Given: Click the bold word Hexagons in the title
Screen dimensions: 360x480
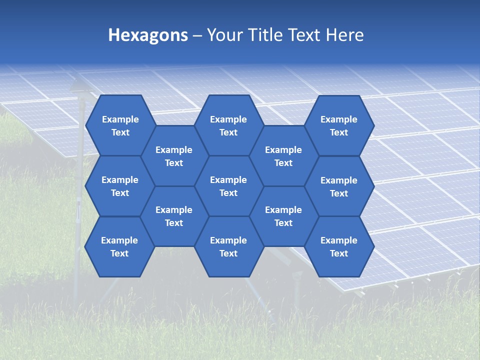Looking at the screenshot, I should pos(148,35).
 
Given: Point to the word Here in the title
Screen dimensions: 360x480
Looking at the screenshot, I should pos(344,35).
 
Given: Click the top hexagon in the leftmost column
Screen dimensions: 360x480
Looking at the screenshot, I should pos(120,125).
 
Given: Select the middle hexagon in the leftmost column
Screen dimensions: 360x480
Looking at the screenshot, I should pos(120,186).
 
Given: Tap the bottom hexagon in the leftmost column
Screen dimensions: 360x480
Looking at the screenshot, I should pos(119,246).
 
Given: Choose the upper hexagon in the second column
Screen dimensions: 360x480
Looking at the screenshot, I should pos(174,156).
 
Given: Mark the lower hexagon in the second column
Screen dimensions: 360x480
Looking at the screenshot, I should pos(174,216).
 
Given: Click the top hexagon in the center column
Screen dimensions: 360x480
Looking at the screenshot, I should pos(228,125).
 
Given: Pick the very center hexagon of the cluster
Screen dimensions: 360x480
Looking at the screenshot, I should pos(228,186).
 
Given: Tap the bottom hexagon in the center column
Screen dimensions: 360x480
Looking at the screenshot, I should pos(228,246).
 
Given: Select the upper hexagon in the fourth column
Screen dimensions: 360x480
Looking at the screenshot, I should pos(283,156).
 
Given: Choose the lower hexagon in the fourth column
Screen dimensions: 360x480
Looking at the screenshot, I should pos(283,216).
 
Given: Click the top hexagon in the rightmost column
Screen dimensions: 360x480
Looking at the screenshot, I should pos(339,125).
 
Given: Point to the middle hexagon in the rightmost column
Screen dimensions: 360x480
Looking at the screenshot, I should pos(339,186).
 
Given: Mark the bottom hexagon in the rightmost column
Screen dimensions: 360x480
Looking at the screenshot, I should pos(339,246).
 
